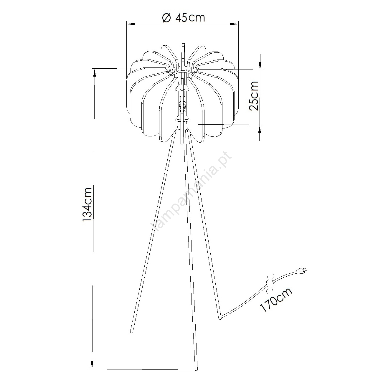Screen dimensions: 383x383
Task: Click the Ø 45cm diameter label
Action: click(x=183, y=18)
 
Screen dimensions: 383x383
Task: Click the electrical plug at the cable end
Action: click(x=302, y=271)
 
